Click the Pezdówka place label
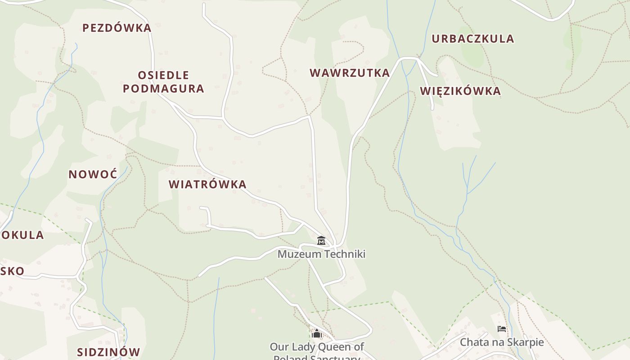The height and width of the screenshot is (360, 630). [x=117, y=28]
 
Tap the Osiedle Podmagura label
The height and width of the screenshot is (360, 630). [x=163, y=81]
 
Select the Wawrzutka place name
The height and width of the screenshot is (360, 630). [x=349, y=73]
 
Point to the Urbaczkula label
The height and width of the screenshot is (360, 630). [x=472, y=39]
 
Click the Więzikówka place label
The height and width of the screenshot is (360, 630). [x=460, y=91]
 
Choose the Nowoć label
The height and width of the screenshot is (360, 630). [x=93, y=174]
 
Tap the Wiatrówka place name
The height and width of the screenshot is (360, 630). [x=207, y=184]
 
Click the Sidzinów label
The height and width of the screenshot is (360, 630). [x=108, y=352]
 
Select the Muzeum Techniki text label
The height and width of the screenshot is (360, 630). [x=321, y=254]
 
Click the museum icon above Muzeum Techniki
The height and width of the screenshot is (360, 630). [x=321, y=241]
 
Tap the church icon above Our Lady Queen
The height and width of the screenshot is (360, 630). [x=316, y=333]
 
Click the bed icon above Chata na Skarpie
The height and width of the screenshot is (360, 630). [x=501, y=329]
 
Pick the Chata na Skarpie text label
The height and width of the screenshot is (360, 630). [x=501, y=342]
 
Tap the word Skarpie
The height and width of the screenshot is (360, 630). [x=526, y=342]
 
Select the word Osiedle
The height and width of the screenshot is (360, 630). [x=163, y=75]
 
